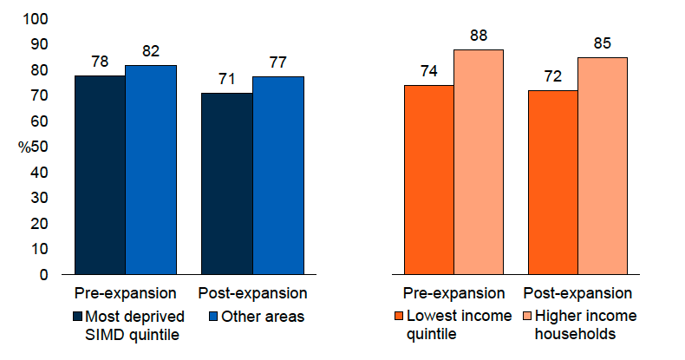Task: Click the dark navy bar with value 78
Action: click(100, 174)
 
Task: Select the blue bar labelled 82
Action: click(151, 169)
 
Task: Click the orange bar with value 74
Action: click(429, 180)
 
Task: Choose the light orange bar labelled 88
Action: click(479, 161)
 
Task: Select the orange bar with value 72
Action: click(553, 182)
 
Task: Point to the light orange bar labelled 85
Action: click(603, 166)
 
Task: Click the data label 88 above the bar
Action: click(479, 36)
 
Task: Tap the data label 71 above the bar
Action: click(227, 79)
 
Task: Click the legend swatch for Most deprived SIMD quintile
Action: click(79, 317)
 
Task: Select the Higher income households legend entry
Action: click(583, 324)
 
